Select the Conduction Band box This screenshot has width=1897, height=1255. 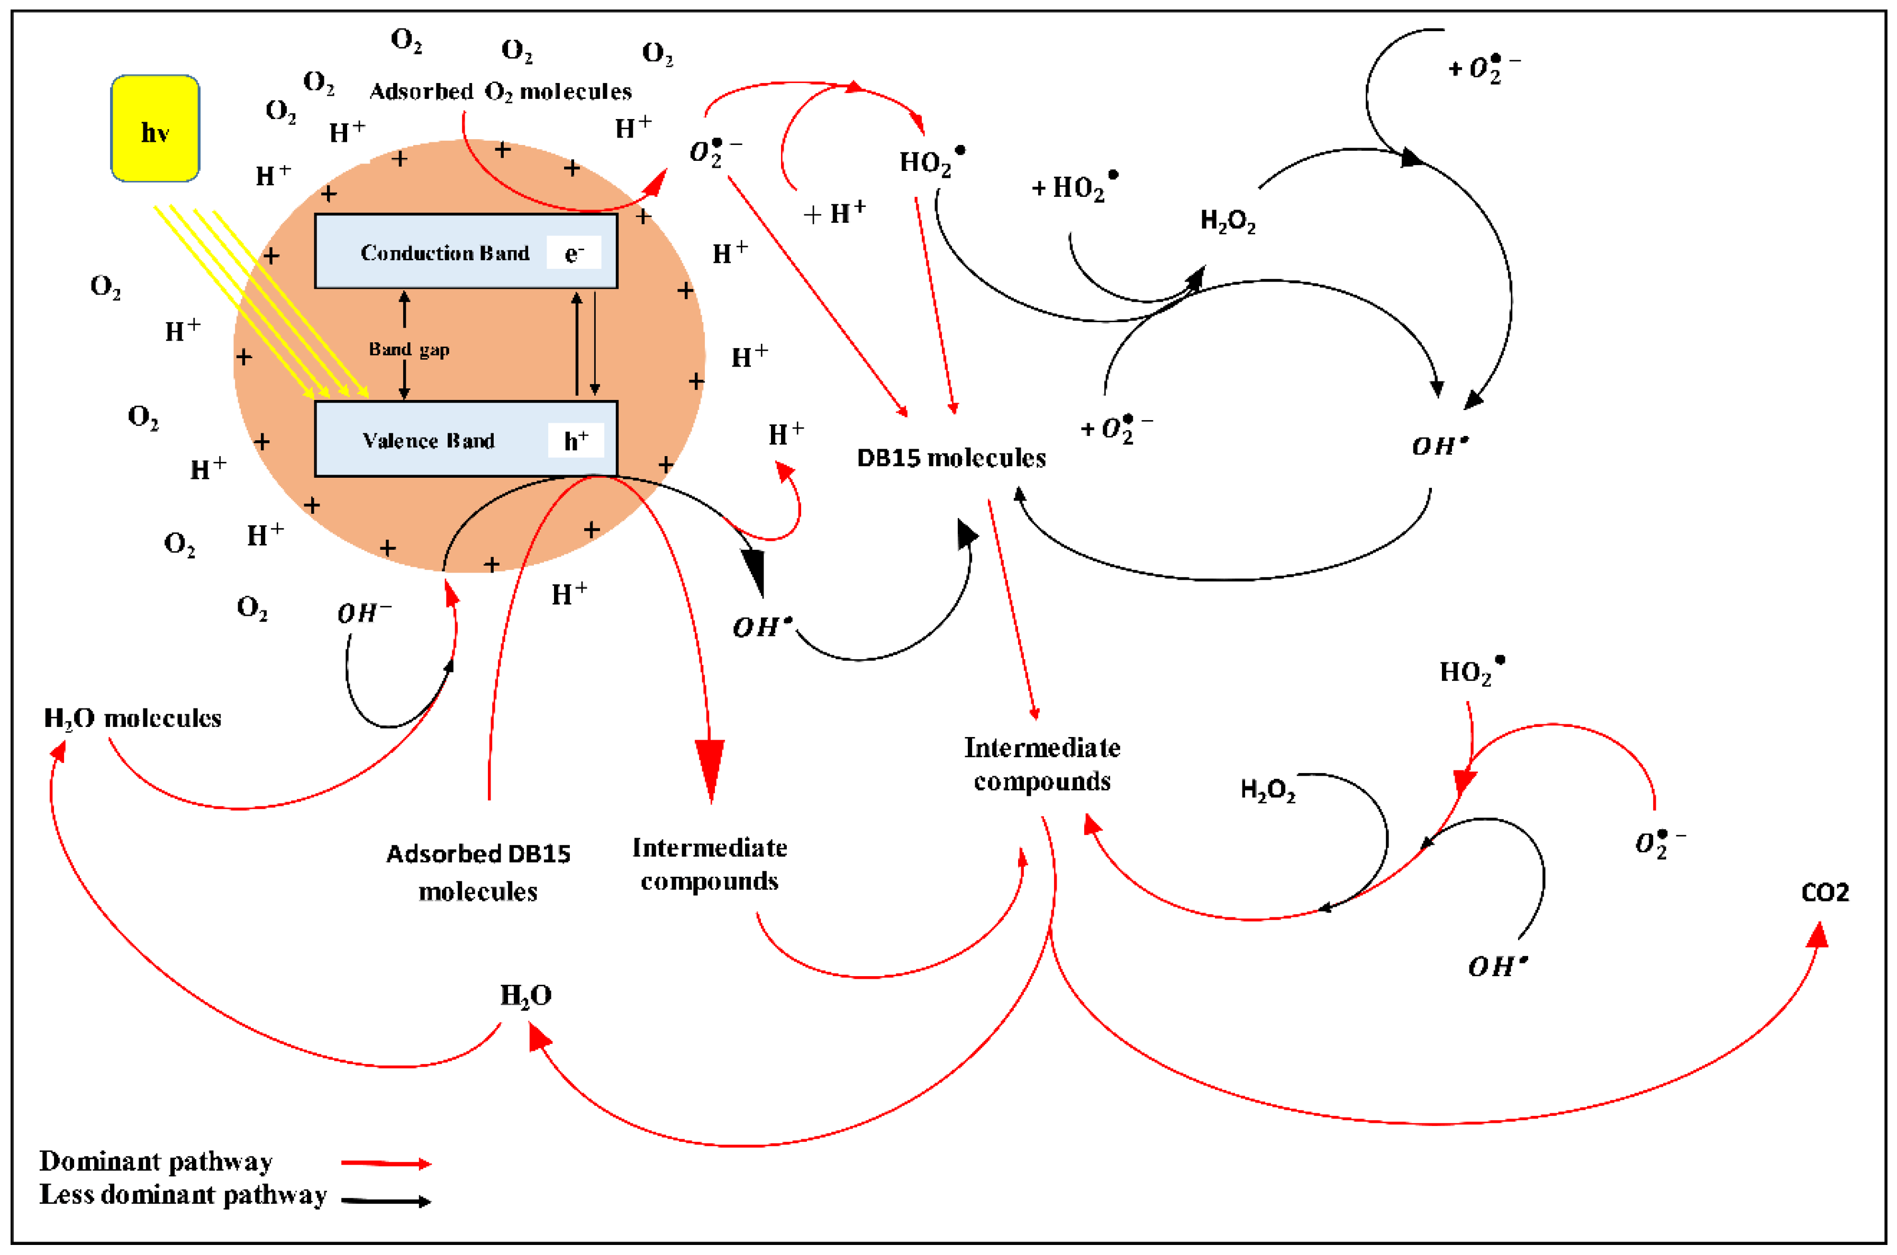[466, 250]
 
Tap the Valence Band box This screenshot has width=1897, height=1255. [466, 439]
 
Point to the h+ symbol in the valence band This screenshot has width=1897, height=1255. [576, 440]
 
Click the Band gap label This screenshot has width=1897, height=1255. [409, 349]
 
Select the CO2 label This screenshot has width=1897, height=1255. [1824, 893]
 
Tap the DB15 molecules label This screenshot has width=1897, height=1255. [951, 458]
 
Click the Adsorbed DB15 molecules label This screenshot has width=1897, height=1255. [478, 872]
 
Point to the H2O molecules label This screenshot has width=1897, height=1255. [132, 718]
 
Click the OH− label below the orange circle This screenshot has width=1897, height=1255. [364, 613]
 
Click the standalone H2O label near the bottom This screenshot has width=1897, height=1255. [526, 996]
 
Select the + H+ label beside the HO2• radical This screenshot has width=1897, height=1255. [835, 213]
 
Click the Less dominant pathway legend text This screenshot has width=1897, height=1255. [183, 1194]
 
